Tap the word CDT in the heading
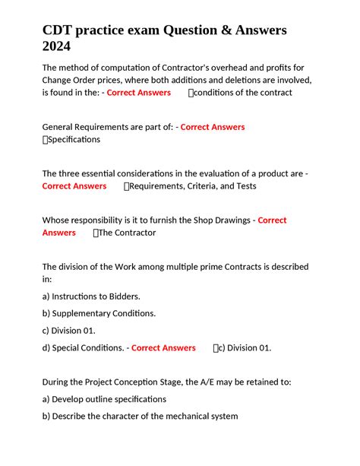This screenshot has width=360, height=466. [x=60, y=30]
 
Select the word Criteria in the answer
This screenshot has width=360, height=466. [x=207, y=186]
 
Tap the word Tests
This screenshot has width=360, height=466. [x=245, y=186]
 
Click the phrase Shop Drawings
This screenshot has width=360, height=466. [x=211, y=220]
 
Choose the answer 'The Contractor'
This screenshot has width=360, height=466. [x=127, y=233]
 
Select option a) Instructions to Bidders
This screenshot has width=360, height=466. [x=91, y=296]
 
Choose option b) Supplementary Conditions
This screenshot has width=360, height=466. [x=99, y=313]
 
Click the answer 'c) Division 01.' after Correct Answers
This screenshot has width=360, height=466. [x=244, y=348]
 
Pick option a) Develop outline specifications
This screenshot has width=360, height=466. [x=104, y=399]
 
